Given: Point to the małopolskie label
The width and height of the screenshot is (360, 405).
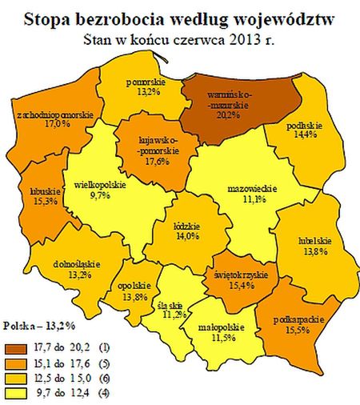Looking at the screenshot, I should coord(207,329).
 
